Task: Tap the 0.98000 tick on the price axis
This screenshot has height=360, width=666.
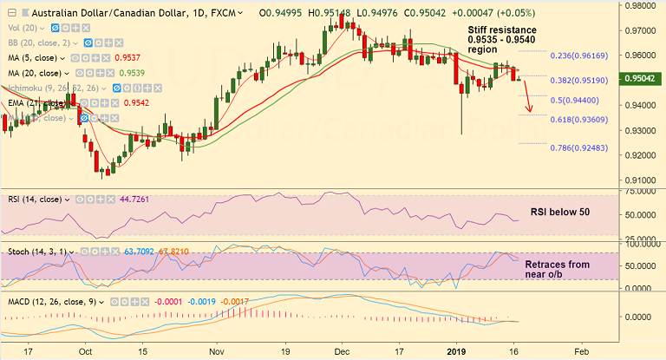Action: point(642,5)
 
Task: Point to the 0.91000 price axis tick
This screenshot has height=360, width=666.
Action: point(642,180)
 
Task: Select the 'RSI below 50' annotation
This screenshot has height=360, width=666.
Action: point(560,212)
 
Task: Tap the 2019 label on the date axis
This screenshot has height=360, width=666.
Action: point(456,351)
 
